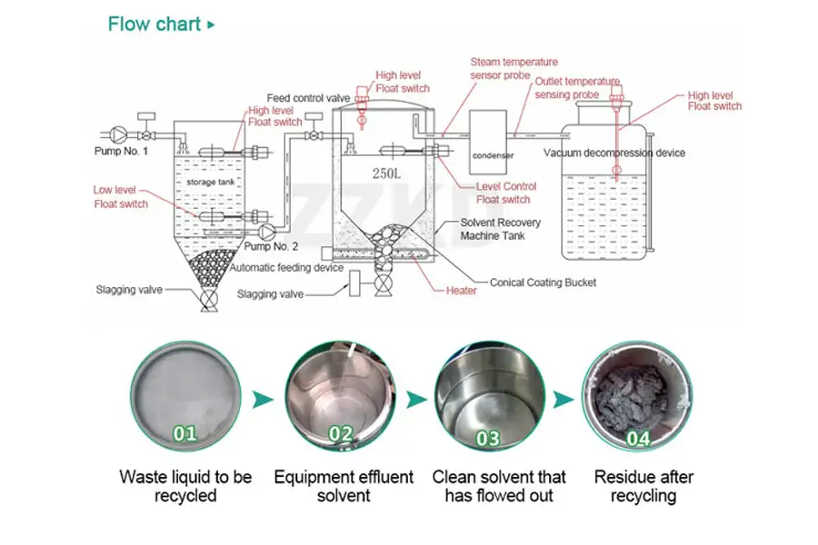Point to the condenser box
coord(493,141)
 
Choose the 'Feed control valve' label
coord(308,98)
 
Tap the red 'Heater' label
coord(461,291)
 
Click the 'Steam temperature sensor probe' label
coord(514,69)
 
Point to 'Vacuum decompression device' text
coord(614,153)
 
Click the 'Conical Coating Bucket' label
coord(544,282)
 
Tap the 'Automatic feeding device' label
coord(285,268)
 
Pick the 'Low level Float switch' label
coord(120,197)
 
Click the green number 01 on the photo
coord(185,433)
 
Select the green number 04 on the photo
coord(638,439)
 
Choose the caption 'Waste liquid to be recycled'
coord(185,486)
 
